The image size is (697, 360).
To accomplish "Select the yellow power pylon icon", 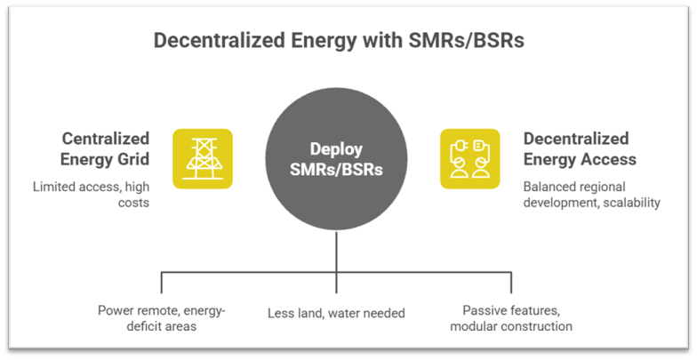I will (203, 158).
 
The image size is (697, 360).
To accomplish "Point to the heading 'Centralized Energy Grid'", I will (106, 148).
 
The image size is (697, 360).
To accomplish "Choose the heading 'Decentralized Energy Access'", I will (580, 148).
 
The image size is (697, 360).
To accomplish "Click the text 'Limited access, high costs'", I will (92, 195).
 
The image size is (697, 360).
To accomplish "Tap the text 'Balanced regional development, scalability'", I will (592, 195).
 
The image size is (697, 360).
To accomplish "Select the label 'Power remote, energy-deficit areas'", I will (161, 319).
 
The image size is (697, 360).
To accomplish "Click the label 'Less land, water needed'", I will (336, 313).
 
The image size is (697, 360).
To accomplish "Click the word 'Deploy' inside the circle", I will (335, 148).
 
